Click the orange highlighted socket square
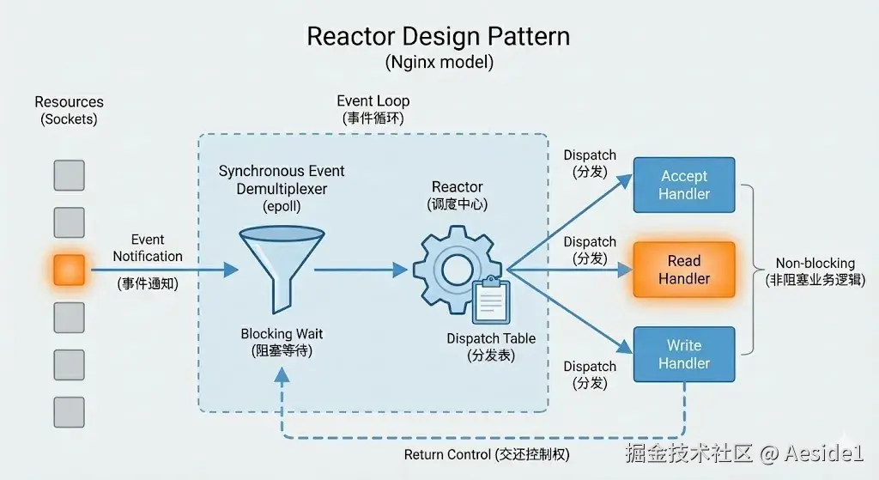coord(69,270)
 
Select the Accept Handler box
coord(683,185)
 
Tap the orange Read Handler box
coord(683,270)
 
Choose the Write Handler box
coord(683,354)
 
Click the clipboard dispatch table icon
coord(490,300)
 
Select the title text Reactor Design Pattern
coord(438,37)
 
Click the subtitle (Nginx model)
coord(438,63)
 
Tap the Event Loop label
coord(373,101)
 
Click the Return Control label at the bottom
coord(486,454)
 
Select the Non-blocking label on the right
coord(815,264)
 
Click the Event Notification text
coord(148,248)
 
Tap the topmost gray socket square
coord(69,175)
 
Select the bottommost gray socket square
coord(69,412)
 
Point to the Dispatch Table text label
coord(491,338)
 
